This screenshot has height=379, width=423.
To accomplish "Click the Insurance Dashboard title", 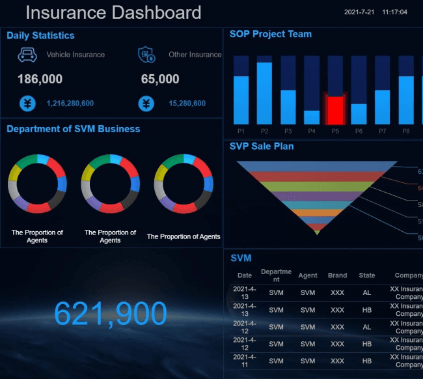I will (x=113, y=12).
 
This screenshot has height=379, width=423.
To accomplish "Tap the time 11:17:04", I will (x=394, y=12).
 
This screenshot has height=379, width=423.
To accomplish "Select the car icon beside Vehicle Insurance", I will (x=27, y=55).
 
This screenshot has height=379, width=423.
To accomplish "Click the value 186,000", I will (x=40, y=79).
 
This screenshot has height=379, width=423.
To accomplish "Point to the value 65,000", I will (x=160, y=79).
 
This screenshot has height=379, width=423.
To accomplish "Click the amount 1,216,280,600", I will (x=70, y=104).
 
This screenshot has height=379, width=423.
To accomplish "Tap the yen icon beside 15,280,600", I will (x=146, y=104).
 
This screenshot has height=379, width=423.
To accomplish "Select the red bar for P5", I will (x=335, y=109).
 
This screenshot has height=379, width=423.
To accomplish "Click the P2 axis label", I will (x=264, y=131).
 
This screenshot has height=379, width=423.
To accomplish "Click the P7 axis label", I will (x=382, y=131).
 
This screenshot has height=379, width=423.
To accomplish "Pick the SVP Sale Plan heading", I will (x=262, y=147).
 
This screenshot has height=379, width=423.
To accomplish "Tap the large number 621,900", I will (x=111, y=314).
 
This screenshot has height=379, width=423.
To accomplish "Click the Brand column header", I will (x=337, y=275).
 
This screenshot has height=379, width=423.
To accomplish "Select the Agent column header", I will (x=308, y=275).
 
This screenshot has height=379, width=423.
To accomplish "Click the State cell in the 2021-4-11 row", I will (x=367, y=361).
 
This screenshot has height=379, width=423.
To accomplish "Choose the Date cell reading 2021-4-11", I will (x=245, y=361).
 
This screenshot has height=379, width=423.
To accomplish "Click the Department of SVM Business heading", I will (x=73, y=129).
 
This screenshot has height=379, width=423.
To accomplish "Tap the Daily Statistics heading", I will (x=40, y=36).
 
